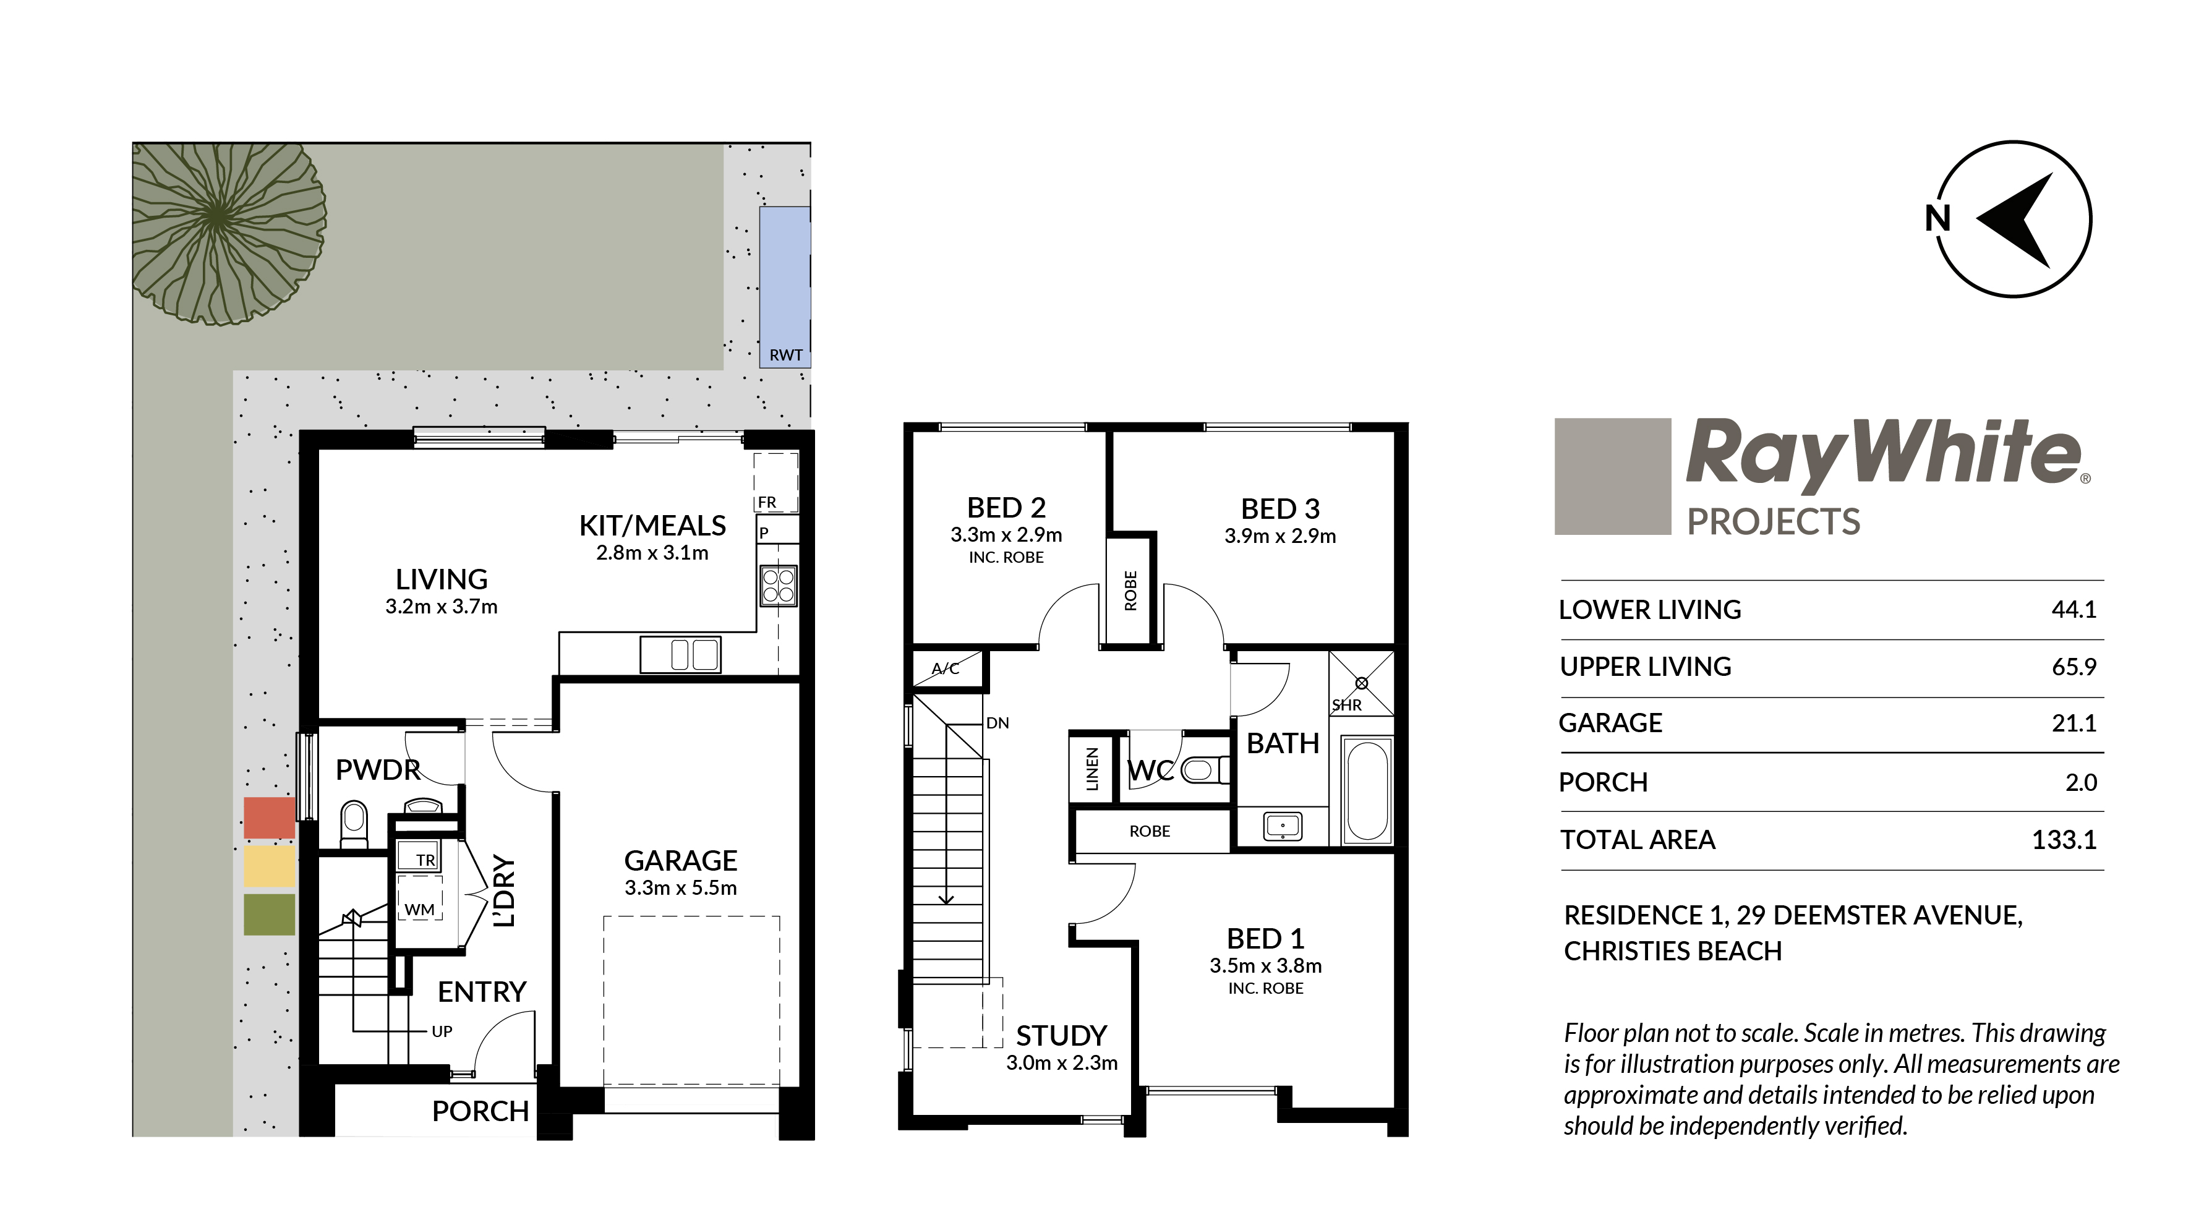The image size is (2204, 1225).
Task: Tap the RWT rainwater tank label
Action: click(x=785, y=355)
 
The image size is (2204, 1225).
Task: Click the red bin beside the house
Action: click(x=270, y=818)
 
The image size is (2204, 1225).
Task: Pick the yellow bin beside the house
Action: click(x=270, y=866)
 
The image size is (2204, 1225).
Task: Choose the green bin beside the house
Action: click(x=270, y=915)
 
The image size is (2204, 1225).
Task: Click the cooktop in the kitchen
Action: click(x=779, y=586)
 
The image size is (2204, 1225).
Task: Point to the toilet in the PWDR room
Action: click(x=353, y=823)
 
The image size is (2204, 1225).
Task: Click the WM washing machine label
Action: click(x=419, y=910)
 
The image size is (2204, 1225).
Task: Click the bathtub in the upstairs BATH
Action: click(x=1367, y=790)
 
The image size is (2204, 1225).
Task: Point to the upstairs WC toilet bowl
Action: click(x=1203, y=770)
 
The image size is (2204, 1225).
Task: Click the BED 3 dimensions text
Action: click(x=1280, y=536)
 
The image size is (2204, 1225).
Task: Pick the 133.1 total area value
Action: click(x=2064, y=839)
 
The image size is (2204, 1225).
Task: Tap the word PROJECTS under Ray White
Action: click(x=1773, y=522)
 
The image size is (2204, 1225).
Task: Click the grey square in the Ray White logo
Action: click(x=1613, y=477)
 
